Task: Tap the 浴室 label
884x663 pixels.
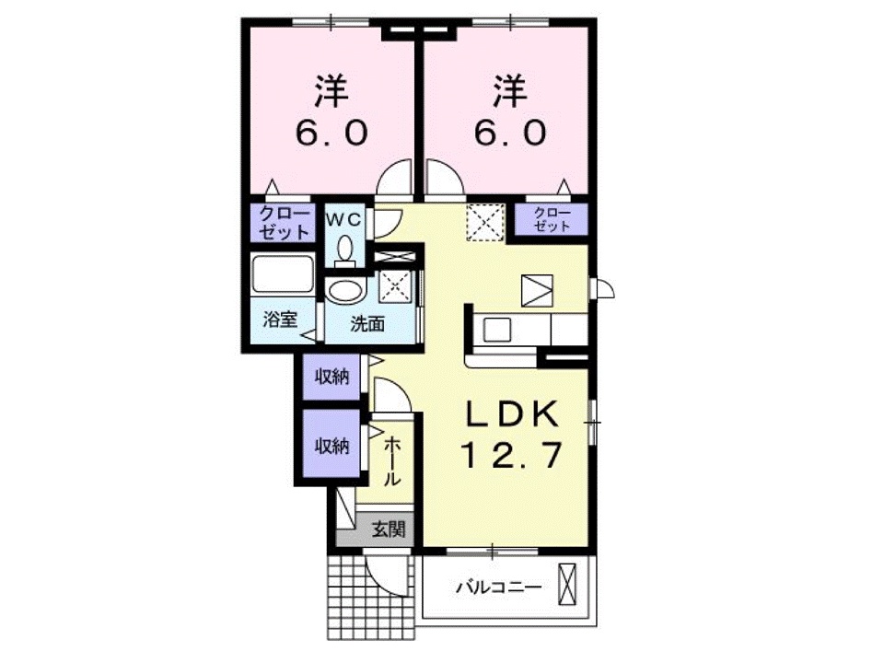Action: (279, 321)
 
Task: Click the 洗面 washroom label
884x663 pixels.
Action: (367, 323)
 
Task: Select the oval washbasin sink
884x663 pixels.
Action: (345, 292)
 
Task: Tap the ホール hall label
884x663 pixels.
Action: (391, 461)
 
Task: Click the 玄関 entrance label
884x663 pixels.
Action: (388, 529)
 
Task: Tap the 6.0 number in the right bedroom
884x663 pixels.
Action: (508, 134)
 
